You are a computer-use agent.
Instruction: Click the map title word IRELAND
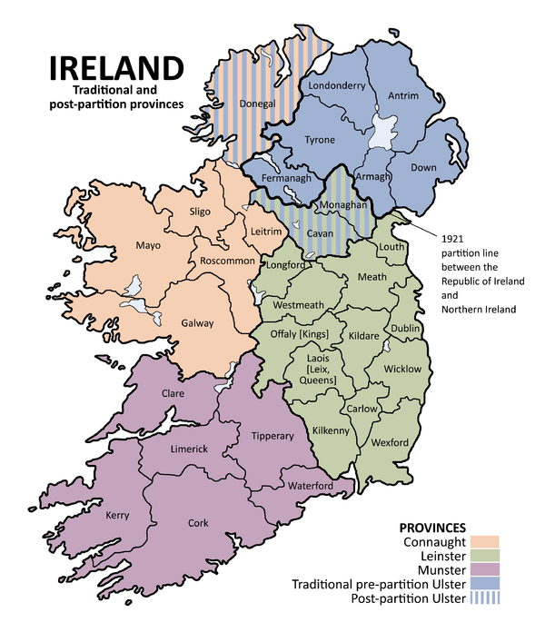pos(115,69)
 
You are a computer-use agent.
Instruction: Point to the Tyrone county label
pos(319,140)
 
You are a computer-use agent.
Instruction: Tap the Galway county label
pos(197,322)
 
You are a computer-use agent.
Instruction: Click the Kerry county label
pos(117,515)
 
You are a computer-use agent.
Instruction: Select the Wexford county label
pos(390,442)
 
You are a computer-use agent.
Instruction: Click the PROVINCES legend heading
pos(432,528)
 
